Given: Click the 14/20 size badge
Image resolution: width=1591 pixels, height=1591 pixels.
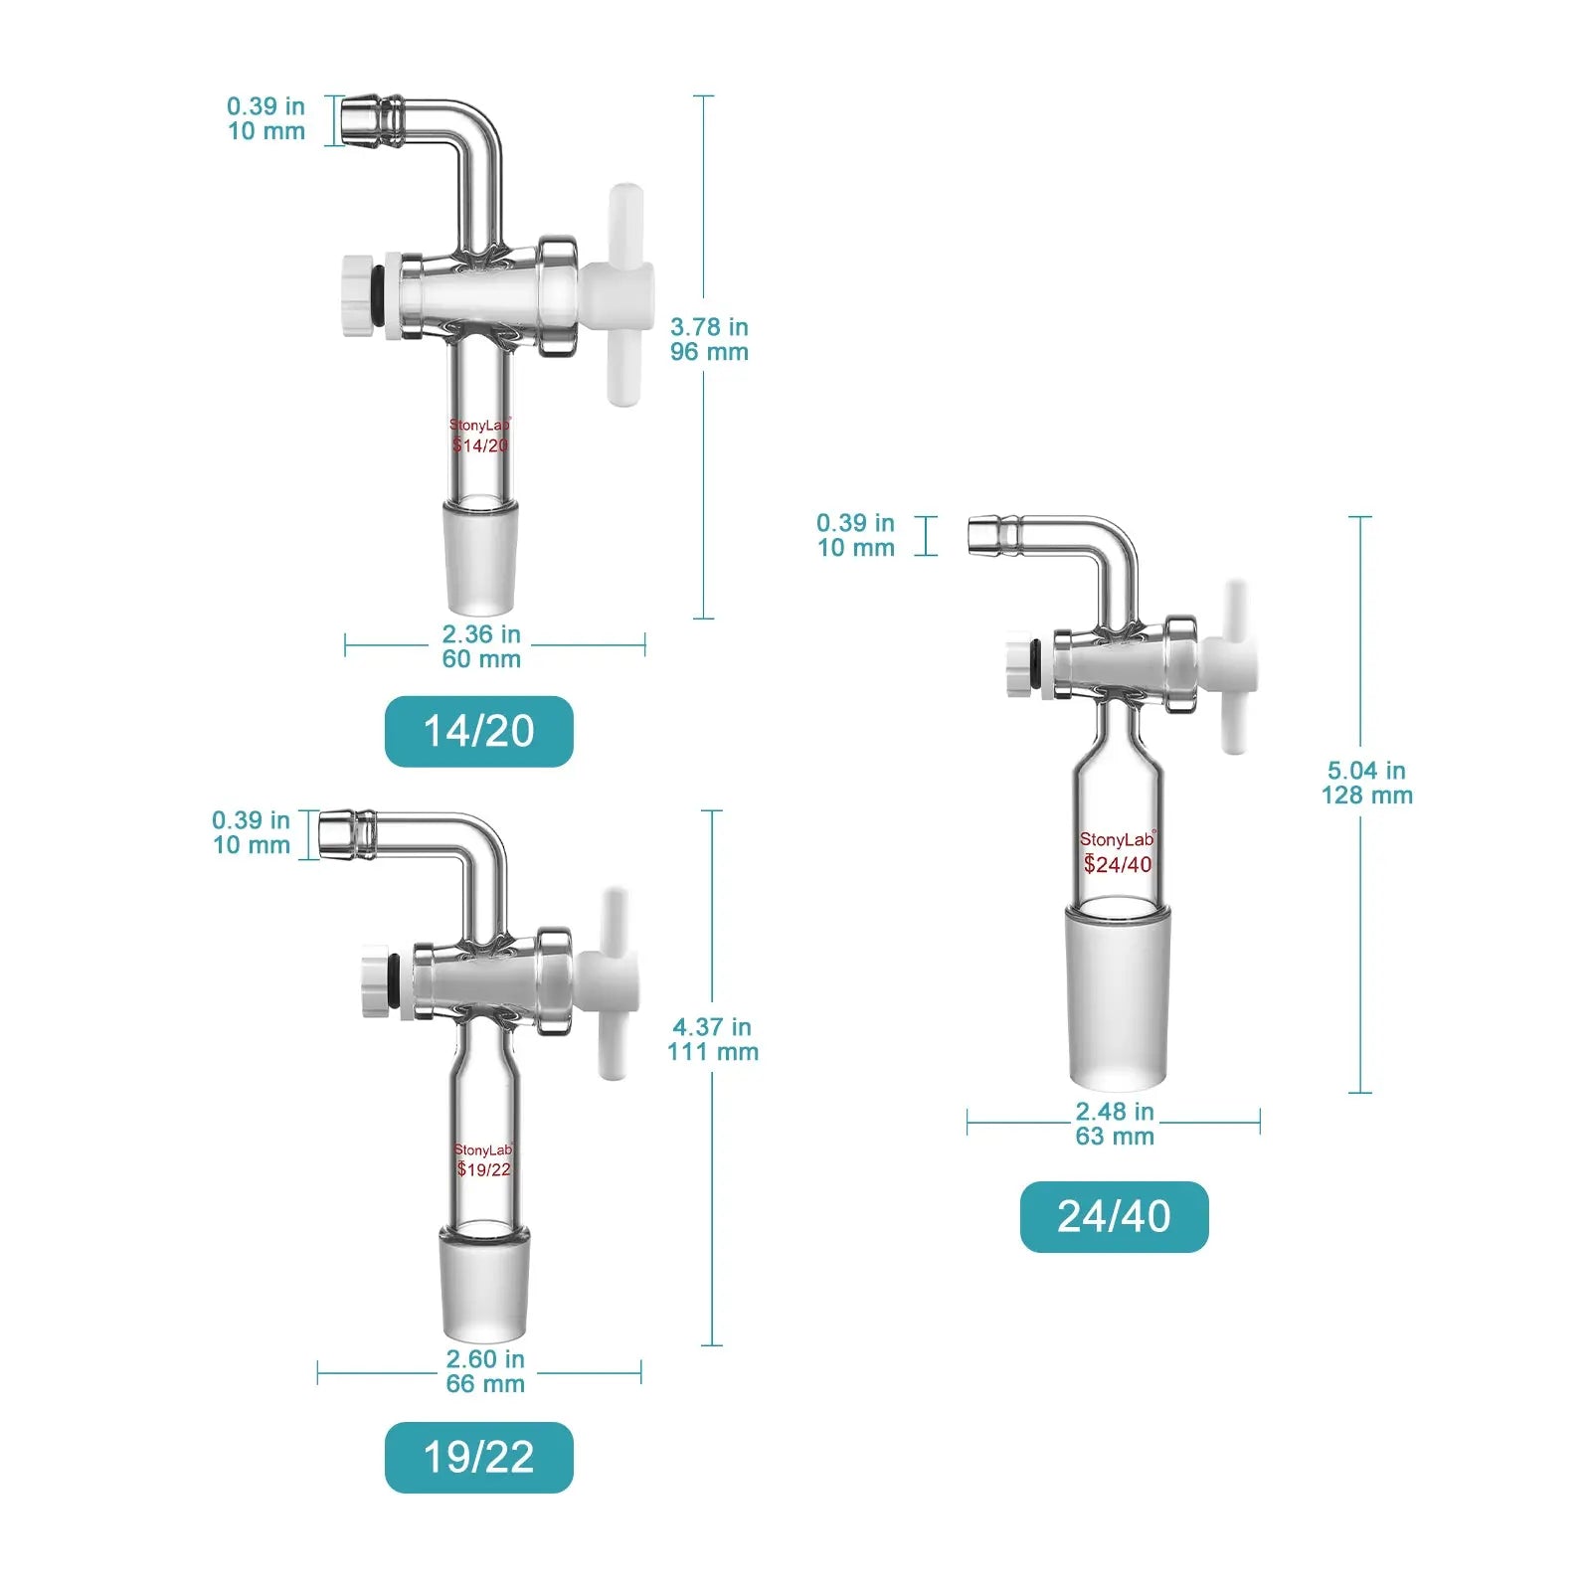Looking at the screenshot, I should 478,731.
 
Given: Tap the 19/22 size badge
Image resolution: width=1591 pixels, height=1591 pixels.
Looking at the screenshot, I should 478,1457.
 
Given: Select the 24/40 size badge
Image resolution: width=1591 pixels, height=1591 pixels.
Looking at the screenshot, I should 1114,1216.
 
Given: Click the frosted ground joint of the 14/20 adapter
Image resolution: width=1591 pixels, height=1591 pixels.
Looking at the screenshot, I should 480,557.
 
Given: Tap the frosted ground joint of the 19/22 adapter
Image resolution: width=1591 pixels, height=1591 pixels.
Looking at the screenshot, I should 484,1284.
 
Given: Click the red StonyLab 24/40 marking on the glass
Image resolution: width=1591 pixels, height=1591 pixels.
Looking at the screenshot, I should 1118,853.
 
